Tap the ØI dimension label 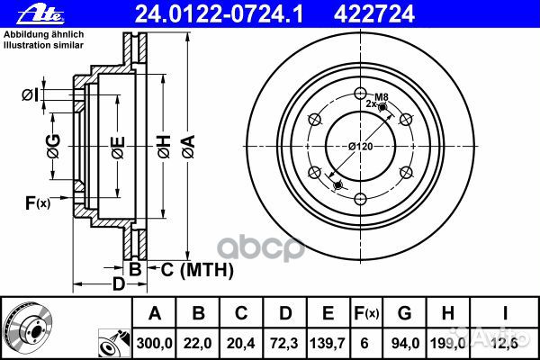pos(29,94)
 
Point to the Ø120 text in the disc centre pos(361,146)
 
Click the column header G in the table pos(404,313)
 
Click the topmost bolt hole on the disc pos(360,93)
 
